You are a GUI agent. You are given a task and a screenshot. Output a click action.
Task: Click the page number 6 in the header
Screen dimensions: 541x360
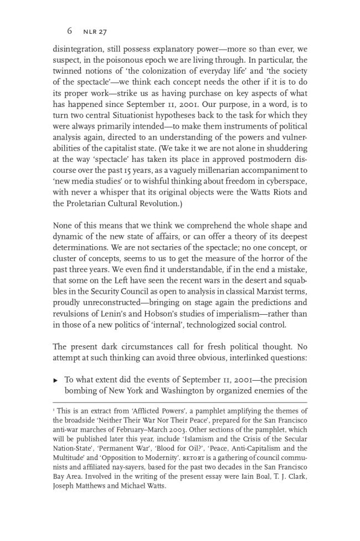70,31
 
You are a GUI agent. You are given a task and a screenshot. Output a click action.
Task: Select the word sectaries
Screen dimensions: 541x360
173,247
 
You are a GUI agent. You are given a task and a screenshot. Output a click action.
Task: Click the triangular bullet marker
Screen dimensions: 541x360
55,380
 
